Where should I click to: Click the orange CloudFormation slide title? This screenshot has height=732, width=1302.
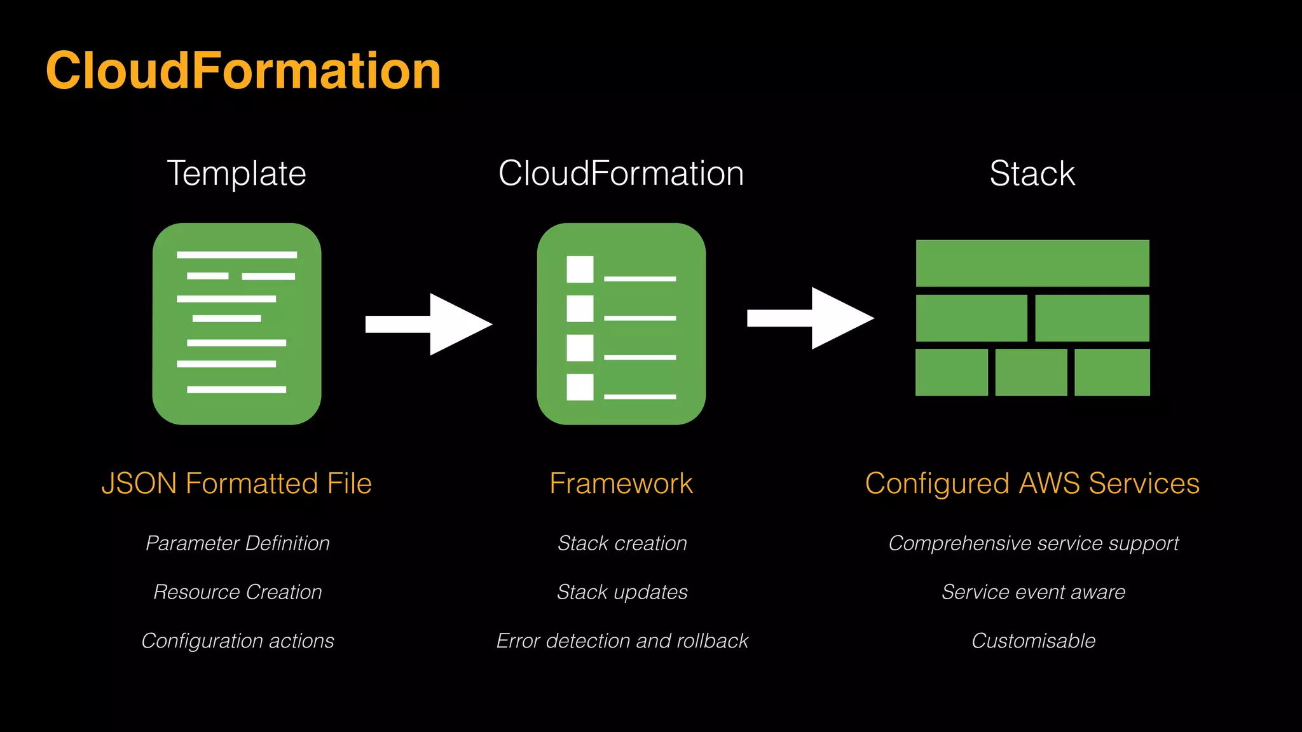click(x=243, y=71)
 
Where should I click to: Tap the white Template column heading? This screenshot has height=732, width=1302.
click(x=236, y=173)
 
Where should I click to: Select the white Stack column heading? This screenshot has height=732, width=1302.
click(x=1032, y=173)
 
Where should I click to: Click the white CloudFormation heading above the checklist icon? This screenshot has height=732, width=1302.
click(x=621, y=173)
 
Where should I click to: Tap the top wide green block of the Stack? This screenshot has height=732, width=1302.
click(x=1032, y=263)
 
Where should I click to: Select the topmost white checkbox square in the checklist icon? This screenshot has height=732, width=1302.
click(x=580, y=269)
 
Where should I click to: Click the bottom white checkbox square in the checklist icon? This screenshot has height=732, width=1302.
click(x=580, y=387)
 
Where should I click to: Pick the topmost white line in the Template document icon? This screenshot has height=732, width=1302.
click(x=236, y=255)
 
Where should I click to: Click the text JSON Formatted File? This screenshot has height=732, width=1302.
click(x=236, y=484)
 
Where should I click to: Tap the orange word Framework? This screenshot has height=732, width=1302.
click(x=621, y=484)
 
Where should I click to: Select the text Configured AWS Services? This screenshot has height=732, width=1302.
click(x=1032, y=484)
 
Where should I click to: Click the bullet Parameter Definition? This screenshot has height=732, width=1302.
click(x=238, y=543)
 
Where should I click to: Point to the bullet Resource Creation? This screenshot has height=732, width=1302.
click(x=238, y=592)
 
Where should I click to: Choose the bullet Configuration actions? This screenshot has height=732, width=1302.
click(x=238, y=640)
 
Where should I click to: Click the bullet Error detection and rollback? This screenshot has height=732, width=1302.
click(x=622, y=640)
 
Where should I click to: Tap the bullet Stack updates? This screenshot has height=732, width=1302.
click(x=622, y=592)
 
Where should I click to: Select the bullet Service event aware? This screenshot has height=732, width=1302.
click(x=1033, y=592)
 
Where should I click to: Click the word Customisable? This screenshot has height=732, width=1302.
click(x=1033, y=640)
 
